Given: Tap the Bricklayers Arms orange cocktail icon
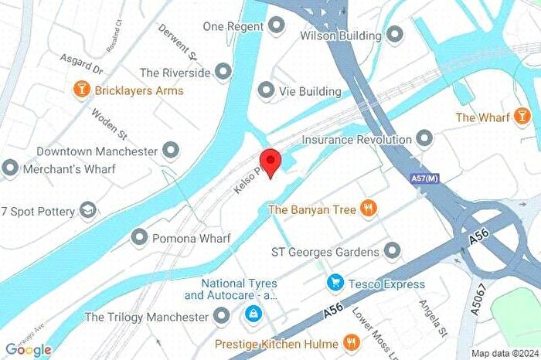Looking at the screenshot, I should tap(80, 90).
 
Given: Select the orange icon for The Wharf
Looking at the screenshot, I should tap(523, 117).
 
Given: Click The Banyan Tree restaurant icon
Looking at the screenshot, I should tap(369, 209).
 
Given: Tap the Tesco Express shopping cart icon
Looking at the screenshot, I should tap(335, 284).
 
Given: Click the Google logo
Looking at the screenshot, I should tap(29, 350).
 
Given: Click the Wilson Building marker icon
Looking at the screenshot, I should tap(395, 35).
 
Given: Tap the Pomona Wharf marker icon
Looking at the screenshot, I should tap(139, 237).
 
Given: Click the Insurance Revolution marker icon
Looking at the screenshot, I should tap(424, 140).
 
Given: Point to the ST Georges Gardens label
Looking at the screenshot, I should tap(325, 252).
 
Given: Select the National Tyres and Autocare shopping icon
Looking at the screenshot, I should tap(252, 314).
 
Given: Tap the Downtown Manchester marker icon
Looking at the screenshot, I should tap(172, 151).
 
